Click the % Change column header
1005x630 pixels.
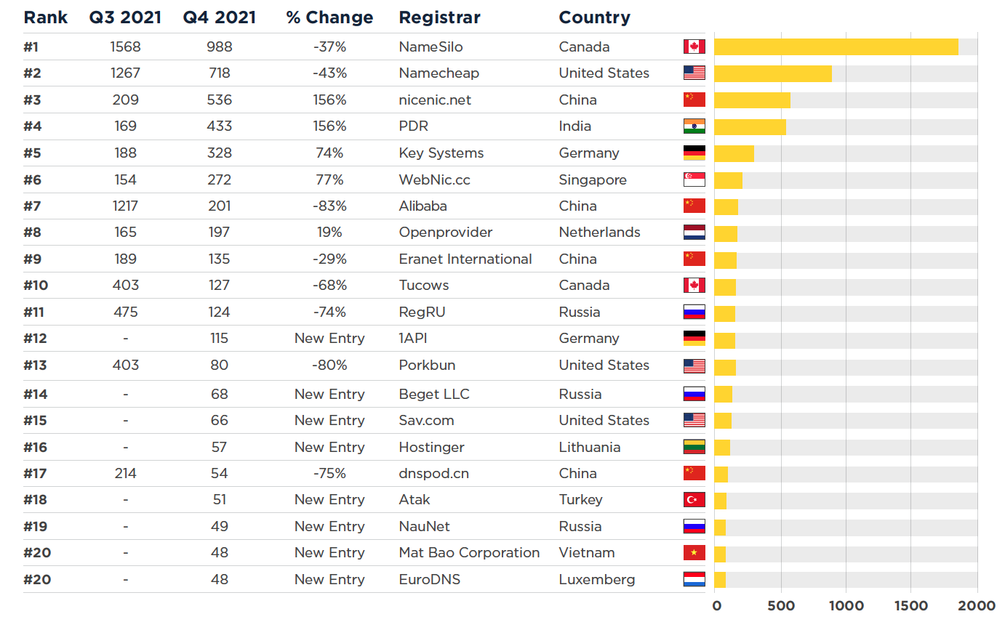click(329, 17)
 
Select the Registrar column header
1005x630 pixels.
click(439, 17)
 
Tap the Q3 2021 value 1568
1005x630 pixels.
click(125, 47)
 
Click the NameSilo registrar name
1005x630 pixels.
click(431, 47)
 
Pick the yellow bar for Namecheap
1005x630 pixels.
click(772, 73)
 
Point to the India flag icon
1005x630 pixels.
click(694, 126)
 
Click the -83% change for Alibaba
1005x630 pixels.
click(329, 206)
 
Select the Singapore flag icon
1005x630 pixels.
click(694, 179)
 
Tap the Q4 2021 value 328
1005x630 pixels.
click(219, 153)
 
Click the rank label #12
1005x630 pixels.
click(35, 338)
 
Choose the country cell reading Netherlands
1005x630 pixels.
click(599, 233)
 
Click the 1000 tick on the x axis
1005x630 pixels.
click(846, 606)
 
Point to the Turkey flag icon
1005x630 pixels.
click(694, 499)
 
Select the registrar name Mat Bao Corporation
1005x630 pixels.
click(469, 552)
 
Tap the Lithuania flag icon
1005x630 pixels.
click(694, 447)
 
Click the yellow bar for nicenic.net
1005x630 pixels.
click(752, 100)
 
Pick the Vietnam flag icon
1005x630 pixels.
click(694, 553)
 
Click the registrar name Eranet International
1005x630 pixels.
click(465, 259)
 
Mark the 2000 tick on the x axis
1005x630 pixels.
click(977, 606)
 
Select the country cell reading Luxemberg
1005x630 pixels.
click(597, 579)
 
